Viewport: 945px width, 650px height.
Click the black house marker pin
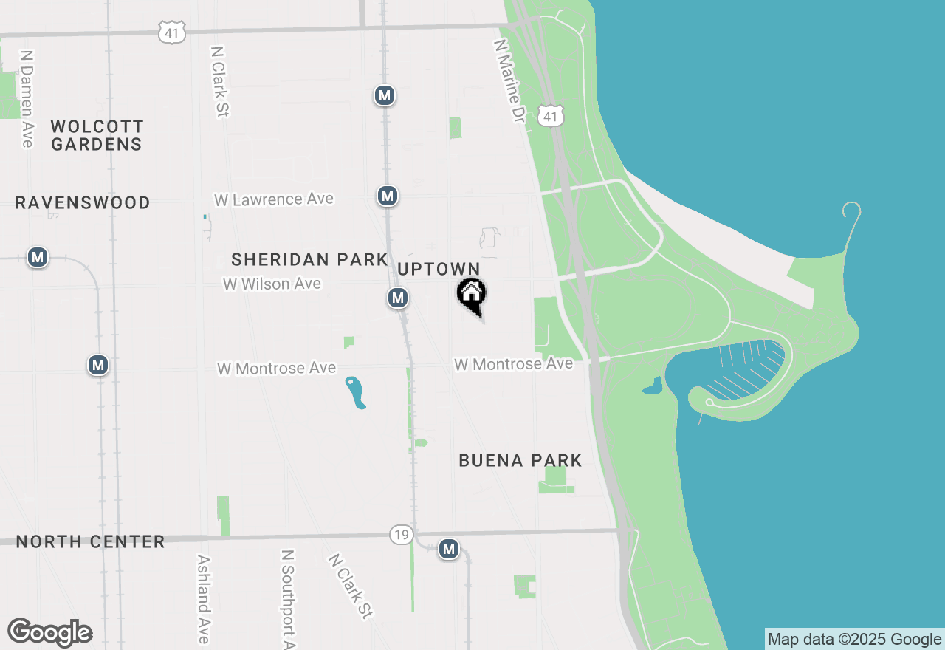tap(471, 295)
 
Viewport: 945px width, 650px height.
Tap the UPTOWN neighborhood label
tap(439, 270)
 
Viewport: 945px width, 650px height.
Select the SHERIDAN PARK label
tap(309, 259)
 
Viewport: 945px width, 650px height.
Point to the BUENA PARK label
tap(520, 460)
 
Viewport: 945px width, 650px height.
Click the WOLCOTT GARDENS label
tap(97, 135)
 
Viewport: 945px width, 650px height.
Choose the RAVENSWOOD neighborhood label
tap(83, 202)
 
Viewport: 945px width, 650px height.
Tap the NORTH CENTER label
tap(90, 541)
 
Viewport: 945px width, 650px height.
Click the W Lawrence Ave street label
tap(274, 199)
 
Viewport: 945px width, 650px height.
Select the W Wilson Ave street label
tap(272, 284)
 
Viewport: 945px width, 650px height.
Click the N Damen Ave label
tap(27, 98)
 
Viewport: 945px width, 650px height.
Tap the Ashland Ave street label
tap(202, 598)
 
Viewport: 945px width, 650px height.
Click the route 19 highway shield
tap(401, 535)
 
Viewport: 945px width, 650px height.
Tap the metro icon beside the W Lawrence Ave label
tap(388, 196)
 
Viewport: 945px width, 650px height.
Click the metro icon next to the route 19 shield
tap(448, 549)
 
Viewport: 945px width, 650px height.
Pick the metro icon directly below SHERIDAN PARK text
tap(398, 298)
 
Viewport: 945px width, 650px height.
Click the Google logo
tap(50, 633)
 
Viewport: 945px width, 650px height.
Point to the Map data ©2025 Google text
tap(854, 640)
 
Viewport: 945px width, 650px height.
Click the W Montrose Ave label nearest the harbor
tap(514, 364)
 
